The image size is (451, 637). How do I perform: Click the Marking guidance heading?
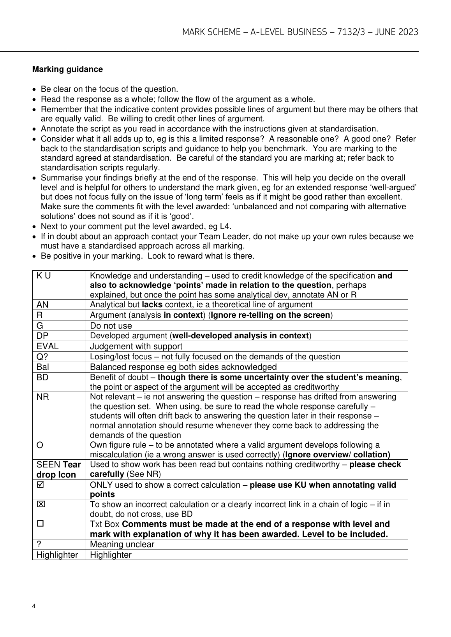coord(67,69)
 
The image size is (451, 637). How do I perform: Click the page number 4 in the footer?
coord(34,606)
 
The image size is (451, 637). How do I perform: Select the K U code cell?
coord(43,276)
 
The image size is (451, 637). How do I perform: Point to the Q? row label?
coord(42,357)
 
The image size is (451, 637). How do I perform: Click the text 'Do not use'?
coord(111,325)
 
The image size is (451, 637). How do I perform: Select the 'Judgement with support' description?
coord(136,346)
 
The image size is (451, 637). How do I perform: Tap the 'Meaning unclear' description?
coord(122,544)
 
